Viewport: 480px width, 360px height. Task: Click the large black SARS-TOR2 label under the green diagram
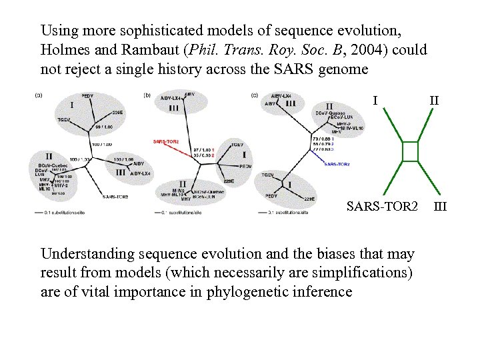coord(382,206)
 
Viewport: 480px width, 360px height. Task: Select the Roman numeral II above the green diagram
coord(434,101)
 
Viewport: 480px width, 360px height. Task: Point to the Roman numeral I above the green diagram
coord(376,101)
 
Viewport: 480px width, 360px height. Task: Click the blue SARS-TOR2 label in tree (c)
coord(337,164)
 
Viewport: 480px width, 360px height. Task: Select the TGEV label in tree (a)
coord(65,119)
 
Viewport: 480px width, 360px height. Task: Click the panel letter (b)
coord(147,95)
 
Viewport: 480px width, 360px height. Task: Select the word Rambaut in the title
coord(137,50)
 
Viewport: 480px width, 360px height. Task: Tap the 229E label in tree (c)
coord(309,199)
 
